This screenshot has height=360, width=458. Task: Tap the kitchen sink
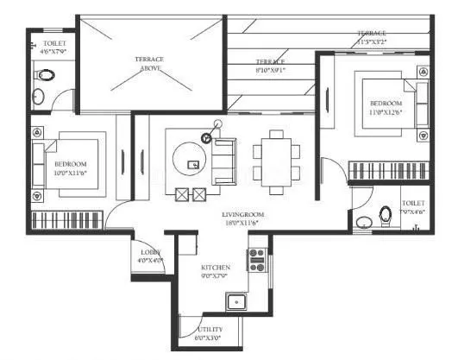(235, 302)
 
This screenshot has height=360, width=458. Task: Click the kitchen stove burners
(256, 256)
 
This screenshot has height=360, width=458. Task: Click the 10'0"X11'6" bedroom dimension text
(72, 173)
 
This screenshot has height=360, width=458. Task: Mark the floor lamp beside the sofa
(206, 136)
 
